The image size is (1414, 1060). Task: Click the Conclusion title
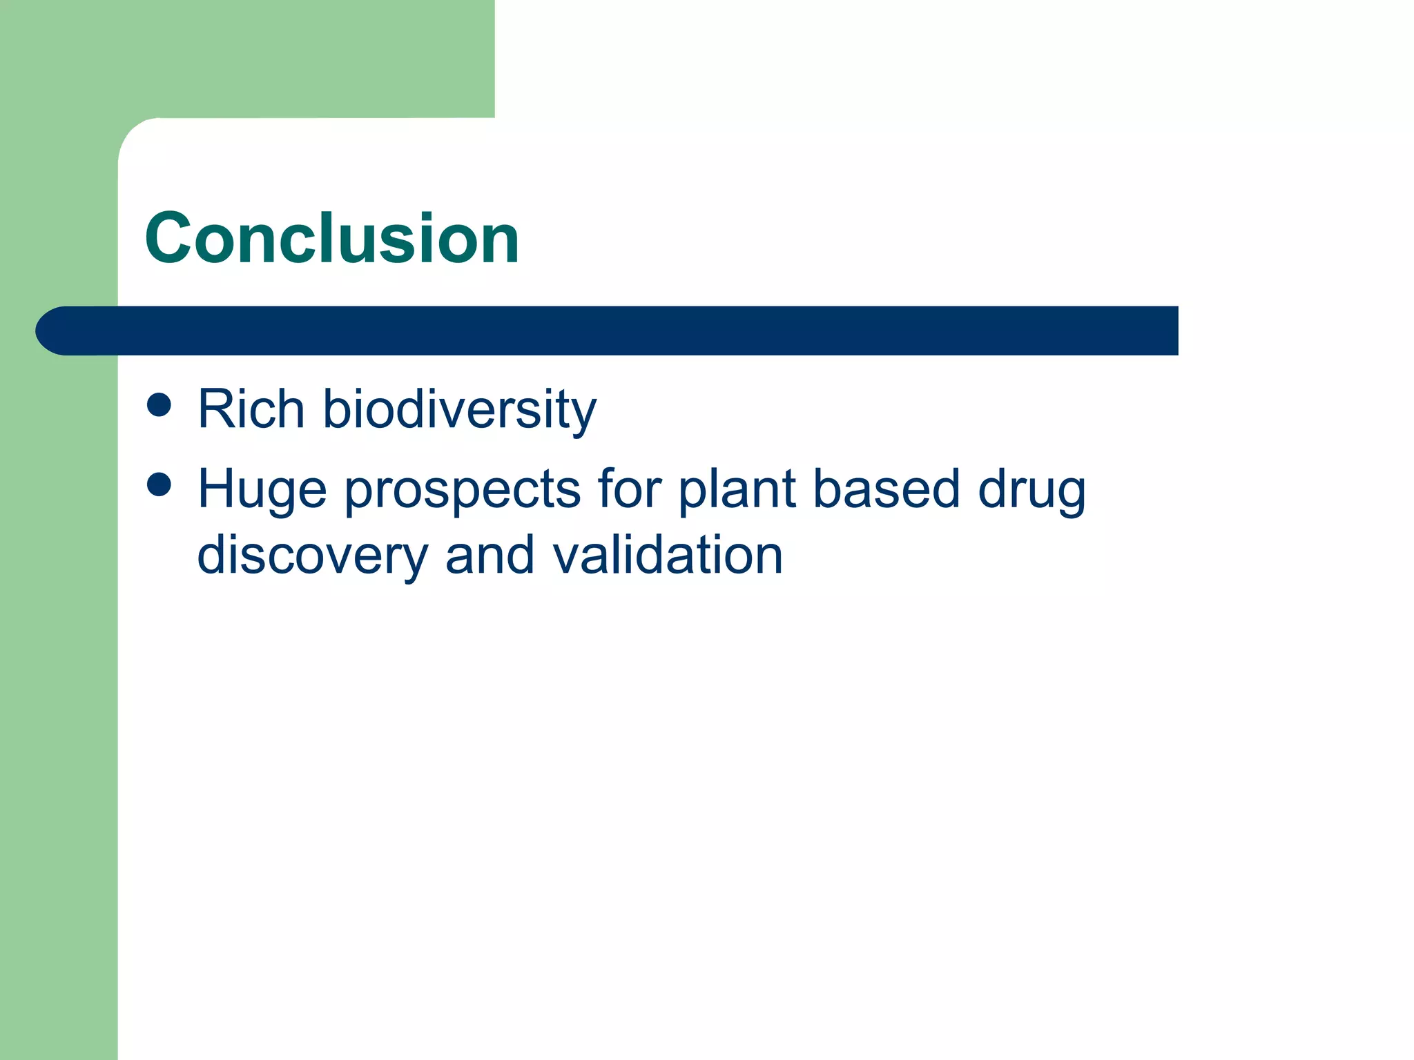click(331, 238)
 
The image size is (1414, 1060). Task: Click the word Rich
click(251, 409)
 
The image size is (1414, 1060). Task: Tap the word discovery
click(312, 556)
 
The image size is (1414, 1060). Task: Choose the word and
click(490, 555)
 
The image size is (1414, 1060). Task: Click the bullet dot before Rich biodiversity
click(159, 405)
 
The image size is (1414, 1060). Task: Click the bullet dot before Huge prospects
click(159, 484)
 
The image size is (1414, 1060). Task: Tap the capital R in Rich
click(215, 409)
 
